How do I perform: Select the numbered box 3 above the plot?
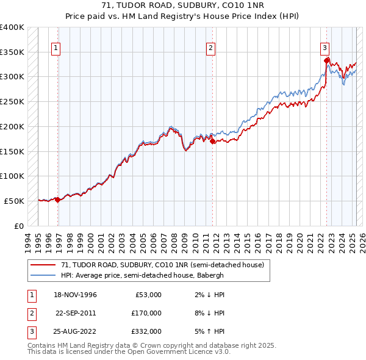(x=325, y=47)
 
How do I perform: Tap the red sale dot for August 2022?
(x=327, y=60)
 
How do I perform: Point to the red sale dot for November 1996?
(x=57, y=199)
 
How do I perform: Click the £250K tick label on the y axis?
(x=12, y=101)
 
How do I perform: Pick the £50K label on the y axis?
(x=14, y=201)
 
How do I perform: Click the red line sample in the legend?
(x=43, y=265)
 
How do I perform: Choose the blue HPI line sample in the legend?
(x=43, y=275)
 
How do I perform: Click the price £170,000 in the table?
(x=147, y=313)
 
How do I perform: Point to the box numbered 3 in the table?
(x=31, y=331)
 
